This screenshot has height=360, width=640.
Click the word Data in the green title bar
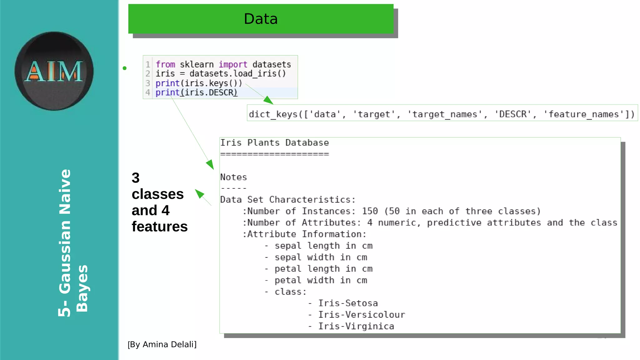click(x=261, y=19)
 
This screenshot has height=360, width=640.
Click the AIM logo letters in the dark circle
click(x=54, y=71)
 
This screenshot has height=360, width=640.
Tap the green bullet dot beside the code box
click(x=125, y=68)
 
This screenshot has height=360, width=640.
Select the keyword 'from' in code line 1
click(x=165, y=64)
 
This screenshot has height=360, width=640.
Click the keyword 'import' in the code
click(x=233, y=64)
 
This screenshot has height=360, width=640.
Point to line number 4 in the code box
click(x=147, y=92)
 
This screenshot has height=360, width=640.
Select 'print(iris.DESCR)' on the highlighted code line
click(x=196, y=92)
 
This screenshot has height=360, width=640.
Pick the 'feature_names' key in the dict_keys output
click(x=584, y=114)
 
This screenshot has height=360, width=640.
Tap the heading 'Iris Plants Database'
click(x=274, y=143)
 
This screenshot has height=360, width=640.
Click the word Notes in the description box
click(x=233, y=177)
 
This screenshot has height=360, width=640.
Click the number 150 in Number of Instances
click(x=370, y=211)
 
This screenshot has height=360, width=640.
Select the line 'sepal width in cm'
click(x=321, y=257)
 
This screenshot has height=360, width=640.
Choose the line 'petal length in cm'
click(x=323, y=269)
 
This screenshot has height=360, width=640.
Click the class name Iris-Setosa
click(x=348, y=303)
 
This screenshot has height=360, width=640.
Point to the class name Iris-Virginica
click(x=356, y=326)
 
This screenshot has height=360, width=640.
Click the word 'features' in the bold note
click(x=159, y=227)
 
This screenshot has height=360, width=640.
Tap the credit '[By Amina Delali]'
click(x=162, y=344)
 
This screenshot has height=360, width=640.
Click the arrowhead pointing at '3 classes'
click(x=199, y=193)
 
